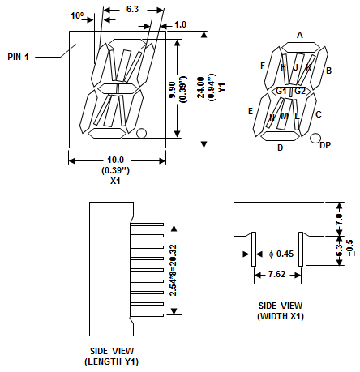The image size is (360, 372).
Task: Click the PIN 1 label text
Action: tap(18, 57)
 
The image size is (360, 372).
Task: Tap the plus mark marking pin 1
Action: tap(79, 41)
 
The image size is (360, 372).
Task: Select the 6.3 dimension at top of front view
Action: tap(132, 9)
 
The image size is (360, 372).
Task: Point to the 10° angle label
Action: tap(77, 15)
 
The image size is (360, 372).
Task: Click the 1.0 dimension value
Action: tap(180, 24)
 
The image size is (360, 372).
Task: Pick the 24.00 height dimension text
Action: tap(200, 88)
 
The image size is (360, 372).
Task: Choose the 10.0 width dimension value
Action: tap(115, 160)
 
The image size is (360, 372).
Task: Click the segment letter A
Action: tap(300, 35)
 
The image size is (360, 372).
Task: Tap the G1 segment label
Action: tap(281, 91)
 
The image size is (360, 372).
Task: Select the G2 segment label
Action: tap(300, 91)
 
